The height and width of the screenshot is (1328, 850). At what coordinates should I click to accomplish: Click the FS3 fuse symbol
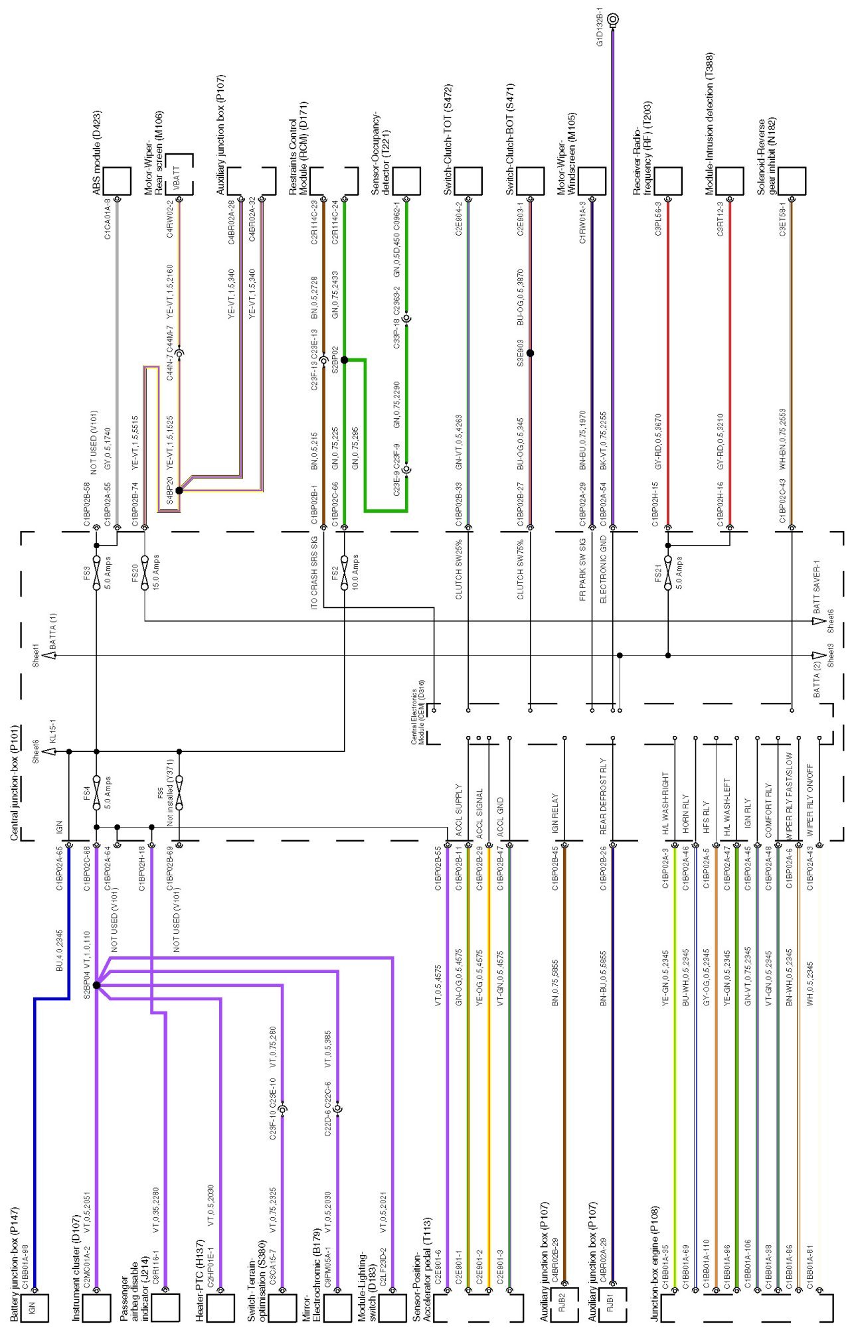pyautogui.click(x=96, y=569)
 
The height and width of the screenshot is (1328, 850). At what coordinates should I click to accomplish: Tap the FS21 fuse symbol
pyautogui.click(x=668, y=569)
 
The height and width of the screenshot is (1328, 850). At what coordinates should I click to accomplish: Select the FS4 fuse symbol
pyautogui.click(x=96, y=788)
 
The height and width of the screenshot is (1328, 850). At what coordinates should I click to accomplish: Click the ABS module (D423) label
pyautogui.click(x=97, y=152)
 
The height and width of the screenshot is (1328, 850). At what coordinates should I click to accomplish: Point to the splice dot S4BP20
pyautogui.click(x=179, y=490)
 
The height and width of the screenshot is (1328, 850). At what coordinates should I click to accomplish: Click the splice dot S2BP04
pyautogui.click(x=96, y=986)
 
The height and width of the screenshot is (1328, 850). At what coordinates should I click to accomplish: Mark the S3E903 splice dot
pyautogui.click(x=530, y=353)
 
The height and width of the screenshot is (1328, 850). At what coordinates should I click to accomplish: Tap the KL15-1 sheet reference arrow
pyautogui.click(x=48, y=751)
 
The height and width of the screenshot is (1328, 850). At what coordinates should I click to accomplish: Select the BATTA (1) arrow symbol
pyautogui.click(x=52, y=655)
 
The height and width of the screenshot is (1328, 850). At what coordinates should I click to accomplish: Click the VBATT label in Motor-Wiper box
pyautogui.click(x=177, y=175)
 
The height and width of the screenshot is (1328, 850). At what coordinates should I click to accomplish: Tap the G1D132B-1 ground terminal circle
pyautogui.click(x=612, y=20)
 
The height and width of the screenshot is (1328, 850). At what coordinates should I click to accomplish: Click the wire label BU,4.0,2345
pyautogui.click(x=59, y=950)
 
